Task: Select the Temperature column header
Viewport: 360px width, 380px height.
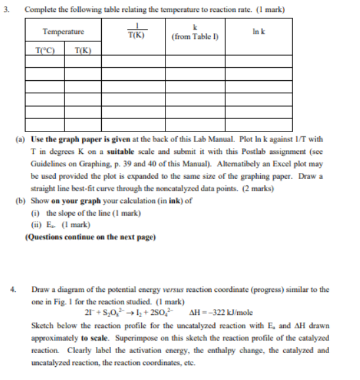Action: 63,32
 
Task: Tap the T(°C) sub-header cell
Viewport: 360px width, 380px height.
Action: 45,50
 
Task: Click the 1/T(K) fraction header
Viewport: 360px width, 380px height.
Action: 137,31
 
